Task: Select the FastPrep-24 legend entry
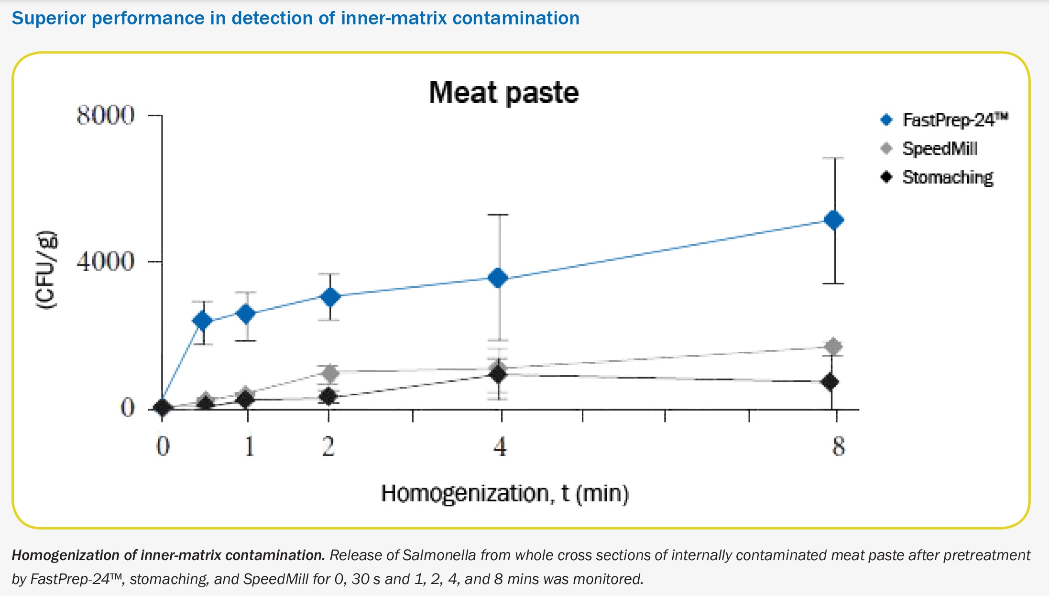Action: [954, 120]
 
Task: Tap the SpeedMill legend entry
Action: [940, 149]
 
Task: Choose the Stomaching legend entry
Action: [947, 177]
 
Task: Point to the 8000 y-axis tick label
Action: [106, 115]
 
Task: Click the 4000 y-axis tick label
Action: [106, 261]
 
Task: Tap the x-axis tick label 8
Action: [838, 446]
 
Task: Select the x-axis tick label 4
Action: [500, 446]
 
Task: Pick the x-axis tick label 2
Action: [328, 446]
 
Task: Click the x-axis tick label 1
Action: [249, 446]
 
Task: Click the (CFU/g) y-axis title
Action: [46, 270]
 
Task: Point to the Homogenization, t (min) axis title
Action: [504, 493]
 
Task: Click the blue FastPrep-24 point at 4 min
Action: [498, 278]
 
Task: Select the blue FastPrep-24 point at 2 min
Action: [330, 297]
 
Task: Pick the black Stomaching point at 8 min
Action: [830, 382]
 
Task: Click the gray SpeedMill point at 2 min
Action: [329, 373]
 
